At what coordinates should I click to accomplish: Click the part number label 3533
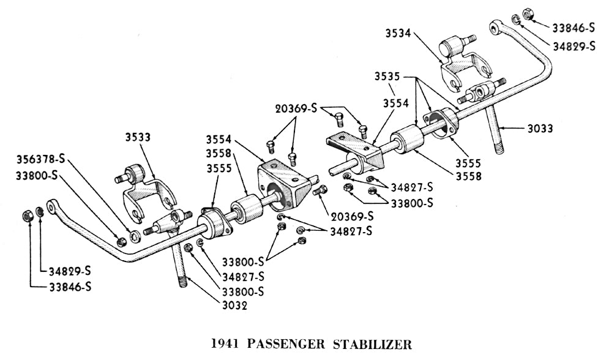[x=138, y=137]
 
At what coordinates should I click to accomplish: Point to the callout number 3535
[x=388, y=78]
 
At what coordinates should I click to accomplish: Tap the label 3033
[x=540, y=129]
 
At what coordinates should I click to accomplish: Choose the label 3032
[x=235, y=306]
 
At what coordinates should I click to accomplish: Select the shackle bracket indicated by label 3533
[x=147, y=190]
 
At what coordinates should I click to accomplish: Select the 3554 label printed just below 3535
[x=395, y=104]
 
